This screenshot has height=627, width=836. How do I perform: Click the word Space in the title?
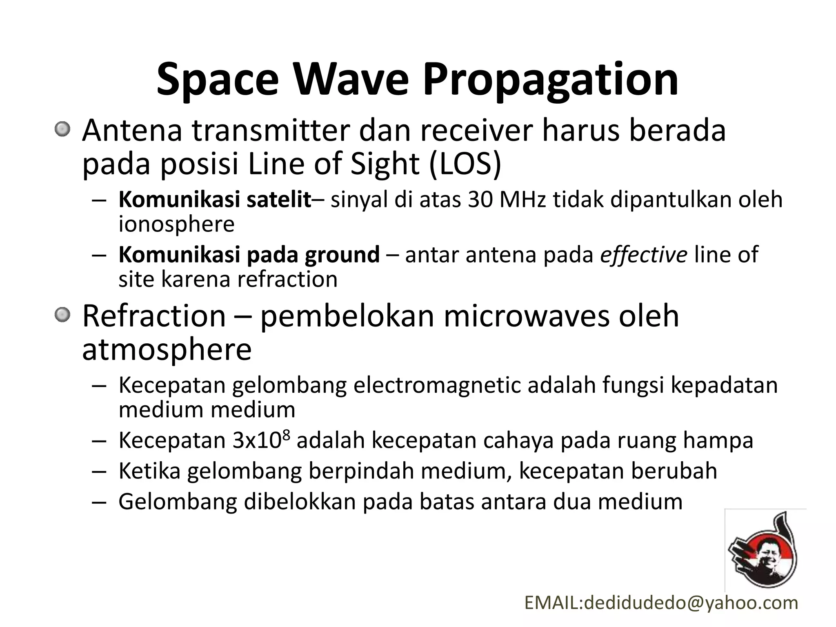[x=217, y=80]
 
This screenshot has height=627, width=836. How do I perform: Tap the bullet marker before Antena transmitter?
[x=62, y=130]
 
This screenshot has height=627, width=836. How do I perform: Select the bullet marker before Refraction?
[x=62, y=315]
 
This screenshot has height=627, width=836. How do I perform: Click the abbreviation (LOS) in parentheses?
[x=465, y=164]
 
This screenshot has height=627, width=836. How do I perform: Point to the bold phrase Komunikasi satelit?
[x=215, y=200]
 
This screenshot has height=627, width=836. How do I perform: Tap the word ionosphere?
[x=176, y=224]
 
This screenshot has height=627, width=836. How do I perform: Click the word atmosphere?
[x=167, y=349]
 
